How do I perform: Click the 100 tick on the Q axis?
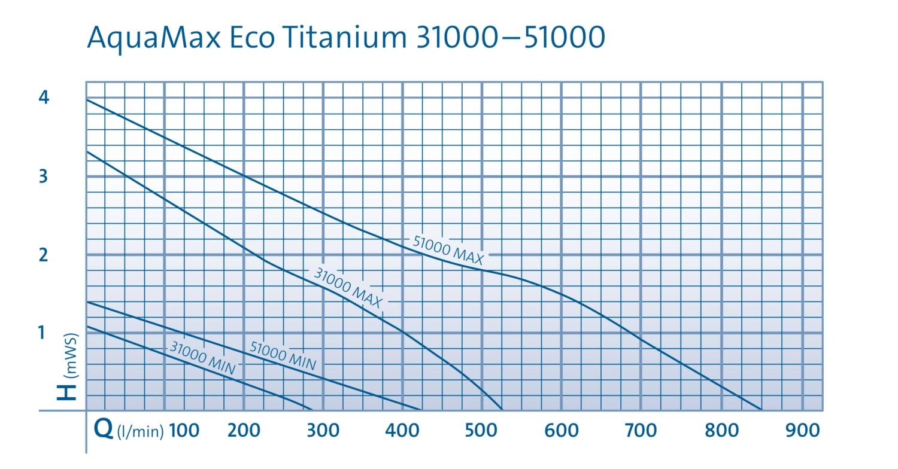tap(184, 430)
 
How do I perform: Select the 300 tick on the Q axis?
tap(323, 430)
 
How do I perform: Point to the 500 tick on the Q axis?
tap(482, 430)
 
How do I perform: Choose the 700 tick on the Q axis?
tap(641, 430)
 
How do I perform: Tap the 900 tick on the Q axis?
tap(802, 430)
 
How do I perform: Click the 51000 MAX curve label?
tap(448, 250)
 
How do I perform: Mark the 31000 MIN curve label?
tap(203, 358)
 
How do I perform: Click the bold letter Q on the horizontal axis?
tap(104, 430)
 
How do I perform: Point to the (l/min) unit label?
tap(140, 431)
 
